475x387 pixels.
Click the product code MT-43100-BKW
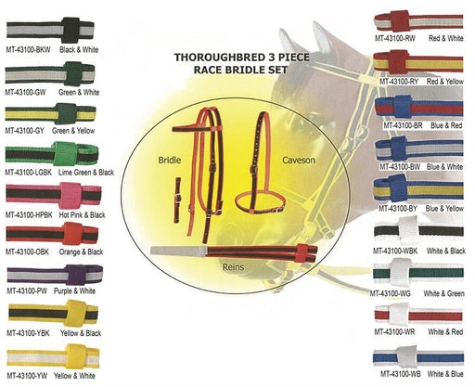tap(28, 49)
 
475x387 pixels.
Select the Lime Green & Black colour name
tap(86, 173)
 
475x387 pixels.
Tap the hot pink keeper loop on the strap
tap(71, 195)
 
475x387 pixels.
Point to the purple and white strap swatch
tap(55, 274)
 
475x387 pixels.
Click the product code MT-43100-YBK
tap(28, 333)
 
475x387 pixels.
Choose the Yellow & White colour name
tap(74, 376)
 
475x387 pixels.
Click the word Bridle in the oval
tap(170, 160)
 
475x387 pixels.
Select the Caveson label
tap(299, 160)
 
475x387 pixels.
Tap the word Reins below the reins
tap(233, 266)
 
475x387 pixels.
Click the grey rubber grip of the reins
tap(179, 251)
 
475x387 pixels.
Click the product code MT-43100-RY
tap(399, 82)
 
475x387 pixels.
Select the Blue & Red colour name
tap(446, 125)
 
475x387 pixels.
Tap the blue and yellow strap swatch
tap(418, 188)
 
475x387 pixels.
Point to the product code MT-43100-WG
tap(391, 293)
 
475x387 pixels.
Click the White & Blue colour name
tap(445, 374)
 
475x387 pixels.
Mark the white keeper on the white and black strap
tap(409, 231)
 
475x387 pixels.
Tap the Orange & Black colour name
tap(81, 252)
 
